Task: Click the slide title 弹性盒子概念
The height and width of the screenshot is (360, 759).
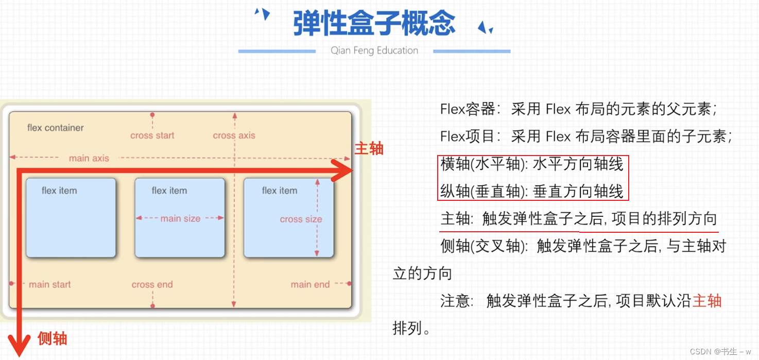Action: (x=374, y=23)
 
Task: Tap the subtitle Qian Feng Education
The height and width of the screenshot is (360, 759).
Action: (x=374, y=50)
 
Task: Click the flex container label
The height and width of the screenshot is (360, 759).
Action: (x=56, y=128)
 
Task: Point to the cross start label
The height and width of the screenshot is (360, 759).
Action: (x=152, y=135)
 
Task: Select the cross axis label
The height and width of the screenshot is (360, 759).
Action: (x=234, y=135)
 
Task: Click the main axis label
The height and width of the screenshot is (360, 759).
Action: (x=89, y=158)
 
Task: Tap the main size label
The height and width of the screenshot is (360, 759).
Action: (x=180, y=218)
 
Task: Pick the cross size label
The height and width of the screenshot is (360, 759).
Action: (x=301, y=219)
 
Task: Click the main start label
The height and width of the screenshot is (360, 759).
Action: (x=49, y=284)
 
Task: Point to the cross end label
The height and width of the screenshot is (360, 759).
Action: (x=152, y=284)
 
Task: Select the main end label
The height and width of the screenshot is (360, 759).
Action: (x=310, y=284)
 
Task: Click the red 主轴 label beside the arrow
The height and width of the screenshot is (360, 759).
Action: (x=369, y=149)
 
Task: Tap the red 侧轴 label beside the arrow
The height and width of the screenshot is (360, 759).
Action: (x=53, y=338)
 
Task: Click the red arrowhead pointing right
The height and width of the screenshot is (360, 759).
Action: (x=342, y=171)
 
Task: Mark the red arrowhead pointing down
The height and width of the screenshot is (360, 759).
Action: (x=20, y=345)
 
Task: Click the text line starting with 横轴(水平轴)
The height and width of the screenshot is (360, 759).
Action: (x=532, y=164)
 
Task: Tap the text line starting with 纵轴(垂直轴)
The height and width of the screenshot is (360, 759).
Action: (x=532, y=192)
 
